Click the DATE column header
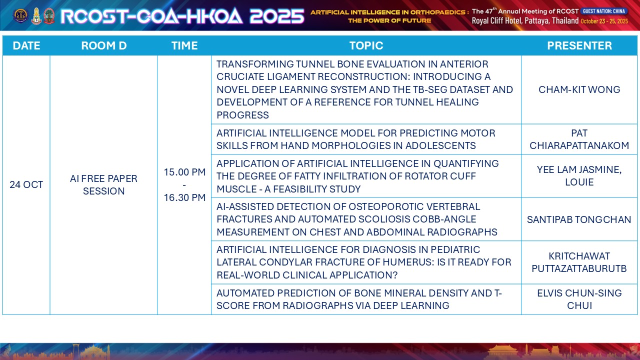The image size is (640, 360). [x=26, y=45]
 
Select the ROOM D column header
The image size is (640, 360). [x=103, y=45]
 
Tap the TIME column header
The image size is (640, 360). [x=184, y=45]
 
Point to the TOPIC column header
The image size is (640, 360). [x=366, y=45]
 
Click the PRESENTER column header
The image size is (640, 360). [x=579, y=45]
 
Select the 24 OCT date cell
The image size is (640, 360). [x=26, y=185]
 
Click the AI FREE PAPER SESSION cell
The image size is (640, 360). [x=103, y=185]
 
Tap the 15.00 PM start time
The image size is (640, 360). [x=184, y=172]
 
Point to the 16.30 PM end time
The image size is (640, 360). [x=184, y=197]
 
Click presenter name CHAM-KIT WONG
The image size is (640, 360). [x=579, y=89]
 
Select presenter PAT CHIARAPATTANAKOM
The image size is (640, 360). [x=579, y=139]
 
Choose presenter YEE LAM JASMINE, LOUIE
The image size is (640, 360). [x=579, y=176]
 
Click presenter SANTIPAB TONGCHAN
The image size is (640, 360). [x=579, y=219]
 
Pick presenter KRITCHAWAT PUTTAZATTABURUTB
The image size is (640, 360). [x=579, y=262]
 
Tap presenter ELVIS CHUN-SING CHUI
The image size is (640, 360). [x=579, y=299]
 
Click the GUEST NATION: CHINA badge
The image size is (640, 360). [x=604, y=11]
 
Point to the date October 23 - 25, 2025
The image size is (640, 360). [x=604, y=21]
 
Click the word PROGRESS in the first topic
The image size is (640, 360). [x=242, y=115]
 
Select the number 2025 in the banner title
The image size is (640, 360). [x=276, y=16]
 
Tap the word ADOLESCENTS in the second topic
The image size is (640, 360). [x=440, y=145]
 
